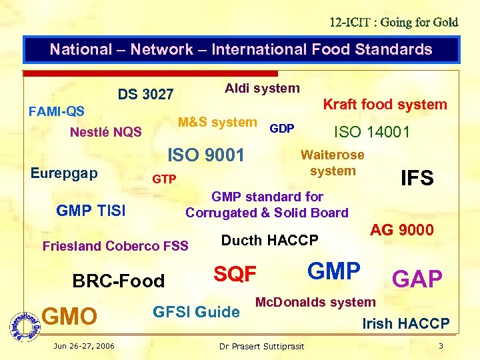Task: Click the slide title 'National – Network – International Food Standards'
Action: click(241, 49)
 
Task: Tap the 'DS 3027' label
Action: click(145, 94)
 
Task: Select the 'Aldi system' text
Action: click(262, 88)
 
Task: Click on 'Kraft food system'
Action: click(385, 104)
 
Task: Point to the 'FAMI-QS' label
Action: click(56, 110)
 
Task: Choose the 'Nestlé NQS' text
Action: click(105, 131)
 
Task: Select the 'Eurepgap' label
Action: click(64, 173)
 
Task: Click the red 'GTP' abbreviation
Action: click(164, 179)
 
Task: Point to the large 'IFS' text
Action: click(417, 178)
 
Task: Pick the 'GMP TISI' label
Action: click(91, 211)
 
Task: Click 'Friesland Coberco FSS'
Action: click(115, 245)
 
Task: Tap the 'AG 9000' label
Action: click(401, 230)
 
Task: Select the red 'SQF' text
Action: click(235, 273)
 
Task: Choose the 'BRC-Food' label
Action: click(119, 281)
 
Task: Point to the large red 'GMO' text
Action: click(69, 316)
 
